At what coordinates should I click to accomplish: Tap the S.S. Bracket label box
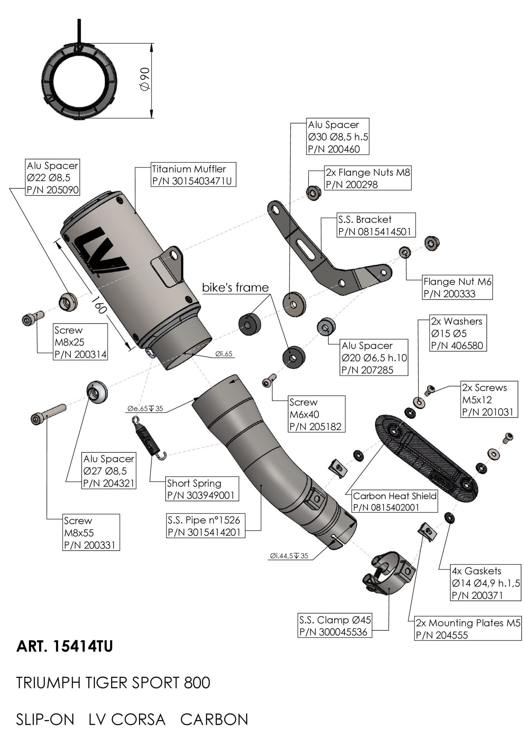coord(376,225)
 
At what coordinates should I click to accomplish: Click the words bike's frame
coord(235,287)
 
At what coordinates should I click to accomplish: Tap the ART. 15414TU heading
coord(65,647)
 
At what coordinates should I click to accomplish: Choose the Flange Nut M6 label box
coord(457,287)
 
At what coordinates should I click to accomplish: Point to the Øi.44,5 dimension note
coord(289,556)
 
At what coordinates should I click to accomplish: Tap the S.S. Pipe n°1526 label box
coord(205,526)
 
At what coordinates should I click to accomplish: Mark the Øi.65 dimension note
coord(224,354)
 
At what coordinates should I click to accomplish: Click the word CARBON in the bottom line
coord(214,719)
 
